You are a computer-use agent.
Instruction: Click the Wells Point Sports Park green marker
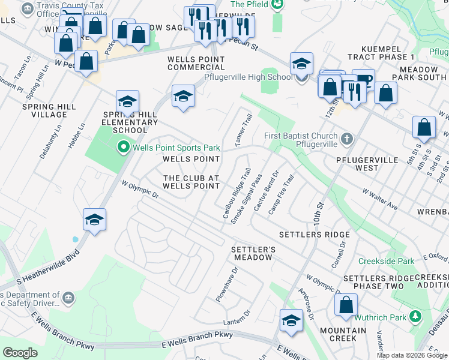coord(124,146)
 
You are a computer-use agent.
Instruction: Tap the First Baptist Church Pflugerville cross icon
coord(346,139)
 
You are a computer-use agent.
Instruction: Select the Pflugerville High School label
coord(248,77)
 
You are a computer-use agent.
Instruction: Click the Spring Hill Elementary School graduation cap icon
coord(127,102)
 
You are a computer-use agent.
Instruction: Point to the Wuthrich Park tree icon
coord(415,316)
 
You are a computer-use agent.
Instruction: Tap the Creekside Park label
coord(386,262)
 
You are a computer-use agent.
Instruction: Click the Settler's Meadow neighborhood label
coord(253,253)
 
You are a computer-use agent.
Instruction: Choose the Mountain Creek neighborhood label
coord(343,335)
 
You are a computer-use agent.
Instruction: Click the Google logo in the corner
coord(20,353)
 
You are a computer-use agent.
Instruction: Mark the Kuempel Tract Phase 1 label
coord(387,52)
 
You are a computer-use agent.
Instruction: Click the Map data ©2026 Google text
coord(411,355)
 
